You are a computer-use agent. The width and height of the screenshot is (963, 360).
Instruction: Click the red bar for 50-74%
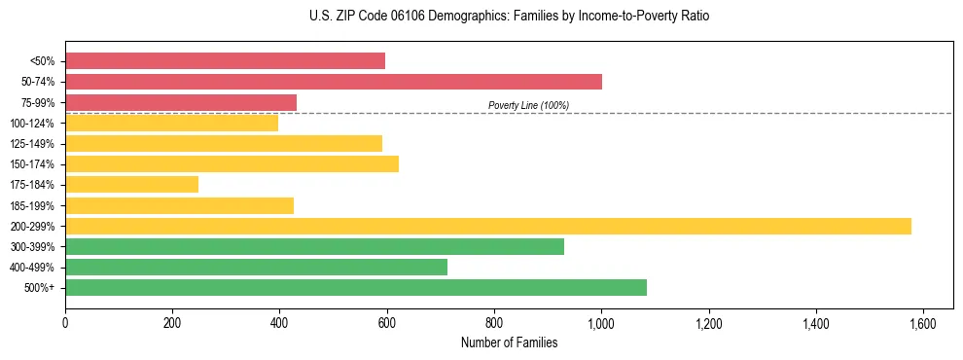[334, 82]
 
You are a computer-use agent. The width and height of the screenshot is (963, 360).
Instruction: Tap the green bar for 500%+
[356, 288]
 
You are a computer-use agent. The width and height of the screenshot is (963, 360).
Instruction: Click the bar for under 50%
[225, 61]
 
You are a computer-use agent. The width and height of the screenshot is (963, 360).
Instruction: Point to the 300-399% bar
[314, 247]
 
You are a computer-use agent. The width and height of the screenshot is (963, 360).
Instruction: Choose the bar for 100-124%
[171, 124]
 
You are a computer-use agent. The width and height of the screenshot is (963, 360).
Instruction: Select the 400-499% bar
[256, 268]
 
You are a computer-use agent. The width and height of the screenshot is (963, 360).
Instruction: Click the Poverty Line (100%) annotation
[528, 105]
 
